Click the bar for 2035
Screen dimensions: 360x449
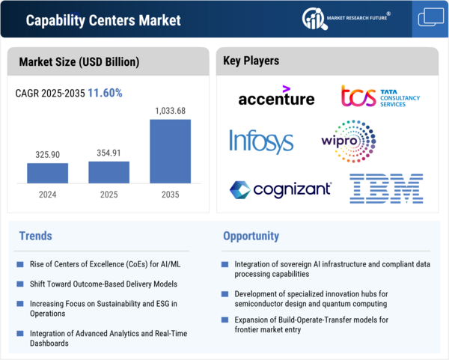170,151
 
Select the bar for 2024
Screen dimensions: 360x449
48,173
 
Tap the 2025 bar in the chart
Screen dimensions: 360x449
109,171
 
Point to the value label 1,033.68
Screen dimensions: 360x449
170,111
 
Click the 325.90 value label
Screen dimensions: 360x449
48,155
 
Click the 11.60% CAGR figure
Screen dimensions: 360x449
106,94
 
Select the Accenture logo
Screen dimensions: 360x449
276,97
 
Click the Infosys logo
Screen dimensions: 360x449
262,141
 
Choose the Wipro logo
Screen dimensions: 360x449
349,141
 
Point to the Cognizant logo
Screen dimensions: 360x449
280,189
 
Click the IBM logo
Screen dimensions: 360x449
386,188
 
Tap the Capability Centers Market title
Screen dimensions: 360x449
103,20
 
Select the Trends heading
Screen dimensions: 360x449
35,236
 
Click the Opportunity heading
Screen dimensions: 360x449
251,236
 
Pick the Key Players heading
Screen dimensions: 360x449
251,61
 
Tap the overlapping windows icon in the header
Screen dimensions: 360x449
430,17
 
